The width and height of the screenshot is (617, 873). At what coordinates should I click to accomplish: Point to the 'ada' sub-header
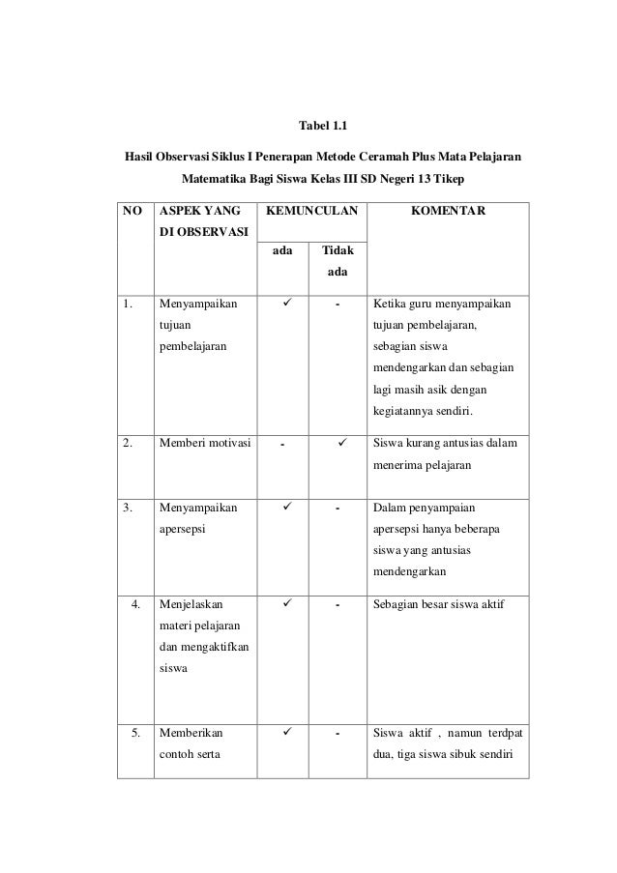pos(283,250)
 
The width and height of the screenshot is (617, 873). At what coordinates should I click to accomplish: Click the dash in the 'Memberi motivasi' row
pos(282,446)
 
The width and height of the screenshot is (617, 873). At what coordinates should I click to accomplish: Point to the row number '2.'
pos(128,446)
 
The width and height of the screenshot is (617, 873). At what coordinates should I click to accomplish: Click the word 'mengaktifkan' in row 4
pos(203,648)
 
